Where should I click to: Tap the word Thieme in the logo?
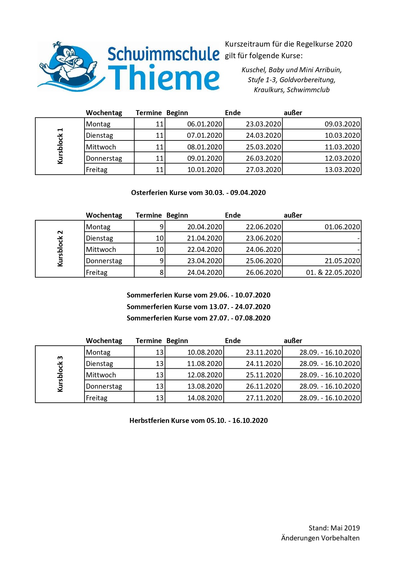point(164,78)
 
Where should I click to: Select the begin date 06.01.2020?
point(204,124)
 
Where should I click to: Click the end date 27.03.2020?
point(263,170)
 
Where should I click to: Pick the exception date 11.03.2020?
point(342,147)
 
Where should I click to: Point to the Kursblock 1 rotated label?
point(60,146)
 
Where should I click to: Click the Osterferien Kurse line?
point(198,193)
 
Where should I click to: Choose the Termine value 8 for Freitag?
point(161,273)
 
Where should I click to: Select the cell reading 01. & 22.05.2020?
point(333,273)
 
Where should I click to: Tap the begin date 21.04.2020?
point(204,238)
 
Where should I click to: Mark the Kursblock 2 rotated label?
point(60,249)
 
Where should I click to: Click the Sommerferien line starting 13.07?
point(198,307)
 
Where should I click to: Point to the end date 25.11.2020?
point(263,375)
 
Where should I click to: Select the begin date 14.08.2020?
point(204,398)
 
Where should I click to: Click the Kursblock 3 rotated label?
point(60,374)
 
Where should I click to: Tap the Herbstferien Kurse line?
point(198,421)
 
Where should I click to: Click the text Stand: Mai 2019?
point(334,528)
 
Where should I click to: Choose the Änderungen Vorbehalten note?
point(320,538)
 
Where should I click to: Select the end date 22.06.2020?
point(263,227)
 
